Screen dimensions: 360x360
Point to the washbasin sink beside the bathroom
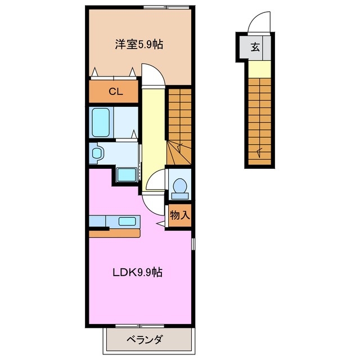click(x=96, y=152)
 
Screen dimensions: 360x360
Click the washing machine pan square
click(x=127, y=174)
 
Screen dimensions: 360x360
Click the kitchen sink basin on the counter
click(x=127, y=221)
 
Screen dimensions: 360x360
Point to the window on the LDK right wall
click(x=193, y=245)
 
